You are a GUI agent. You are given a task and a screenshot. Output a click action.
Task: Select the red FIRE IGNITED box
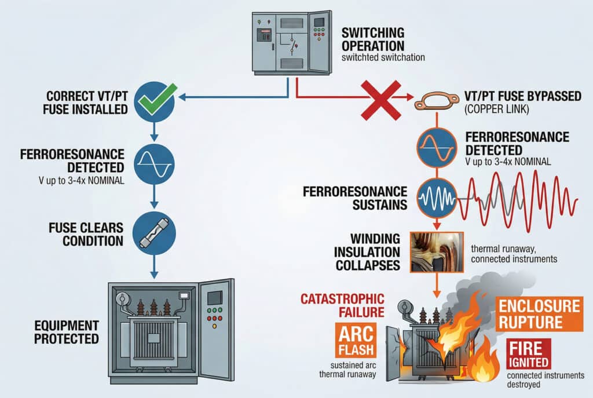528,355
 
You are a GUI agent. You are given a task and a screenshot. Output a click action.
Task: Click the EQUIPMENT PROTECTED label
66,331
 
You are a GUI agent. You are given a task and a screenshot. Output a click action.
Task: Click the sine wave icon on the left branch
154,164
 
